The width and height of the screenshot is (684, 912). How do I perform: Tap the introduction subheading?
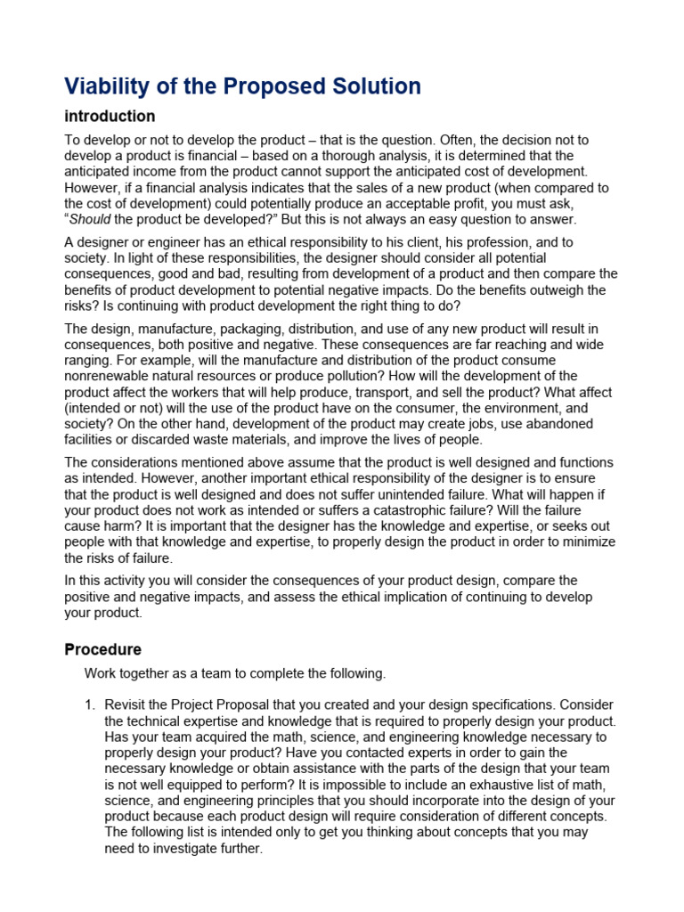pos(110,117)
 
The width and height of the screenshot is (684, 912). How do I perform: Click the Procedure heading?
pos(102,649)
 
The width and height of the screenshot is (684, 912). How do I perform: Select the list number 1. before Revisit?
pos(90,704)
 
